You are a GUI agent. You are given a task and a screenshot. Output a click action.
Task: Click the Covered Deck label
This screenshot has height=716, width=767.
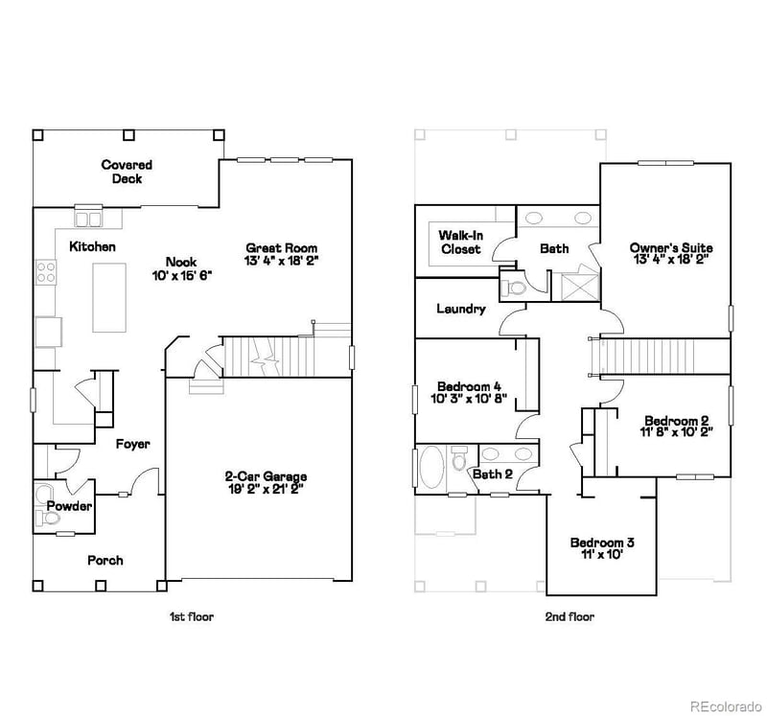(127, 172)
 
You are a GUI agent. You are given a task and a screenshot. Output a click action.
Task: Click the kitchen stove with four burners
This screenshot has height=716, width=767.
(45, 272)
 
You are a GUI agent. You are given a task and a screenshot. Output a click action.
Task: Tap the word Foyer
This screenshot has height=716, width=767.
(132, 444)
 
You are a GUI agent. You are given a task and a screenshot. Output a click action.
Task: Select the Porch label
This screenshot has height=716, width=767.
(105, 560)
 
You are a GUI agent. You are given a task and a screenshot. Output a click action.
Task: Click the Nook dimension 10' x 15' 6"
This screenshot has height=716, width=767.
(181, 274)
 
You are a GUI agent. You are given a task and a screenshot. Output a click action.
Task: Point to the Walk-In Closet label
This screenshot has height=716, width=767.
(460, 242)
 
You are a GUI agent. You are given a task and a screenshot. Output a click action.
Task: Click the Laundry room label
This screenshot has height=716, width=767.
(460, 309)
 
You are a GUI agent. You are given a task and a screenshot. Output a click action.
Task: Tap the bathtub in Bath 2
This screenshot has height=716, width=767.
(433, 470)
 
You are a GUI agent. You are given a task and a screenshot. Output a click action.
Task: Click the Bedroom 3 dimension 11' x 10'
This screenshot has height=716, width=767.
(601, 554)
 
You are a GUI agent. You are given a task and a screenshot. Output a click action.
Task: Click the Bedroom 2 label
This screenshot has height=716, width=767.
(676, 420)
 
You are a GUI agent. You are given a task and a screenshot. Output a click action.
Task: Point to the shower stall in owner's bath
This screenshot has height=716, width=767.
(578, 286)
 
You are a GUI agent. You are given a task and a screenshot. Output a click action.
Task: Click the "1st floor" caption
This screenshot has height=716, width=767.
(185, 616)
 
